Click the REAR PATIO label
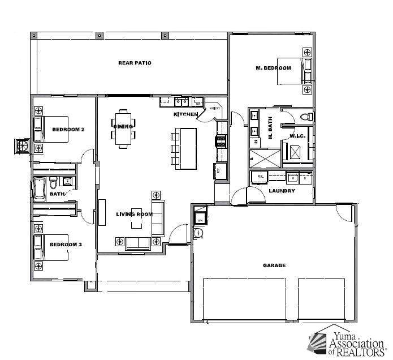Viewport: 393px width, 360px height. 134,63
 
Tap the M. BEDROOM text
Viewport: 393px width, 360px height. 273,68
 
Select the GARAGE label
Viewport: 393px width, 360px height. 274,265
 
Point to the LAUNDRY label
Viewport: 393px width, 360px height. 282,191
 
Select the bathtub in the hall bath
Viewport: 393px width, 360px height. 40,189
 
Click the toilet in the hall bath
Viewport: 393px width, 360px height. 53,182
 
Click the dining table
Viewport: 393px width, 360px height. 123,127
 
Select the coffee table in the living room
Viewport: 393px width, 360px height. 137,215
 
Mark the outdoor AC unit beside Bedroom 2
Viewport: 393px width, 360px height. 23,145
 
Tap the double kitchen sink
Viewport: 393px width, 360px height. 181,102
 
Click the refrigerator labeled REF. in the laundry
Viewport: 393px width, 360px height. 261,177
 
